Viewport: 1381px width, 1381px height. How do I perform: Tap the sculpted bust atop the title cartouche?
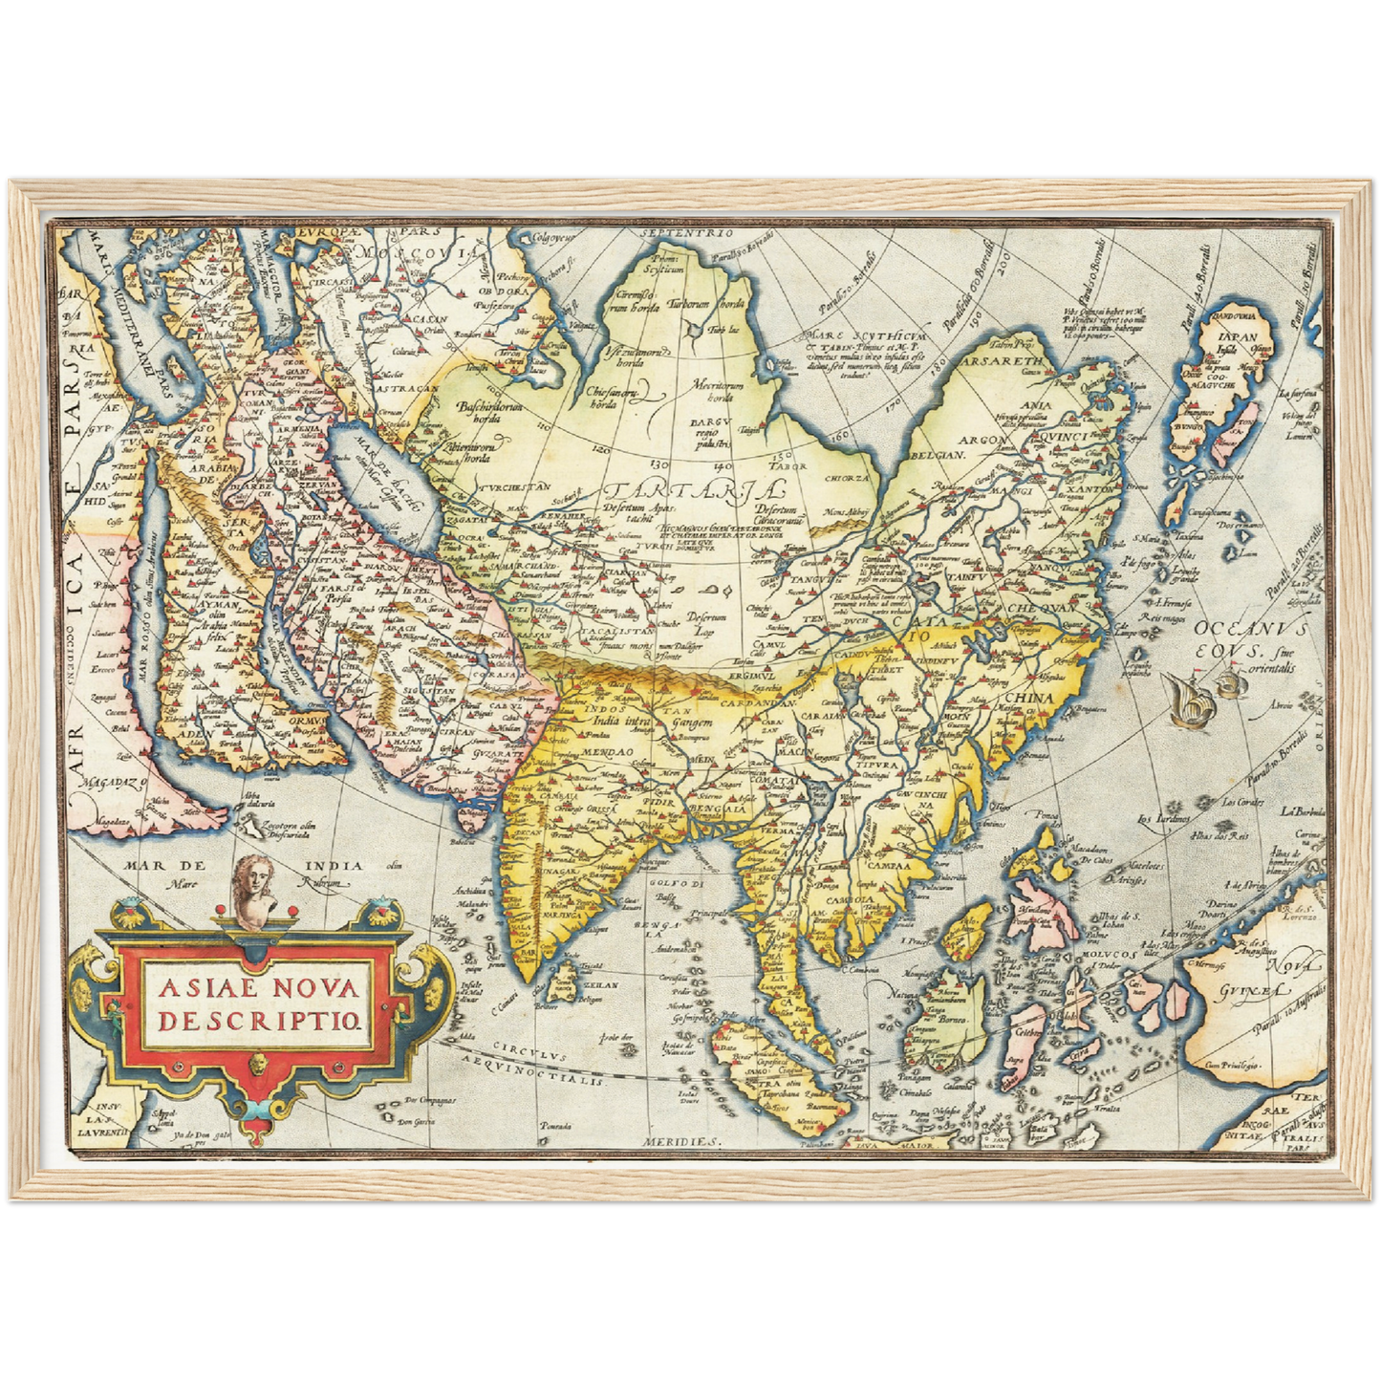[x=252, y=893]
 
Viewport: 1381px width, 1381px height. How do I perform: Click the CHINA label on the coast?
[x=1027, y=699]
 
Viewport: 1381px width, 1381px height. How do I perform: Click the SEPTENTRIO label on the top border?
[x=687, y=233]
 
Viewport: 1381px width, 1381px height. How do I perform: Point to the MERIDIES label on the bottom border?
[x=680, y=1141]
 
